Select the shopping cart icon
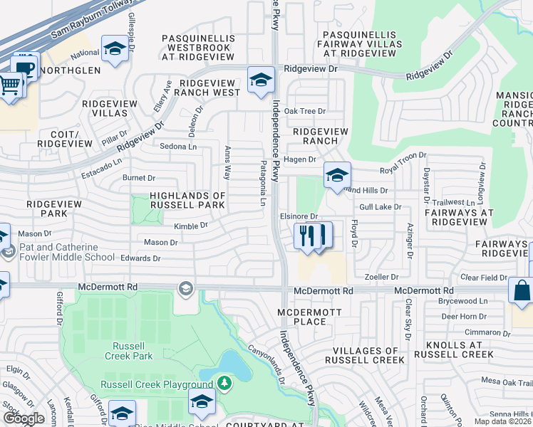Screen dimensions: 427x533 pos(10,85)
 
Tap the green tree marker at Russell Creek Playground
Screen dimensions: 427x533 pos(225,384)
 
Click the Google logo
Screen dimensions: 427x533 pos(24,418)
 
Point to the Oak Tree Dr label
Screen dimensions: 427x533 pos(304,111)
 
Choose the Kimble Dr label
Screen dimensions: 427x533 pos(190,226)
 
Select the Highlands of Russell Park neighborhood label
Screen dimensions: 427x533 pos(187,200)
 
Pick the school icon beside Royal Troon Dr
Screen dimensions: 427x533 pos(336,174)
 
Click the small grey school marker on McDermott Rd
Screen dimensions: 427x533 pos(186,288)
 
